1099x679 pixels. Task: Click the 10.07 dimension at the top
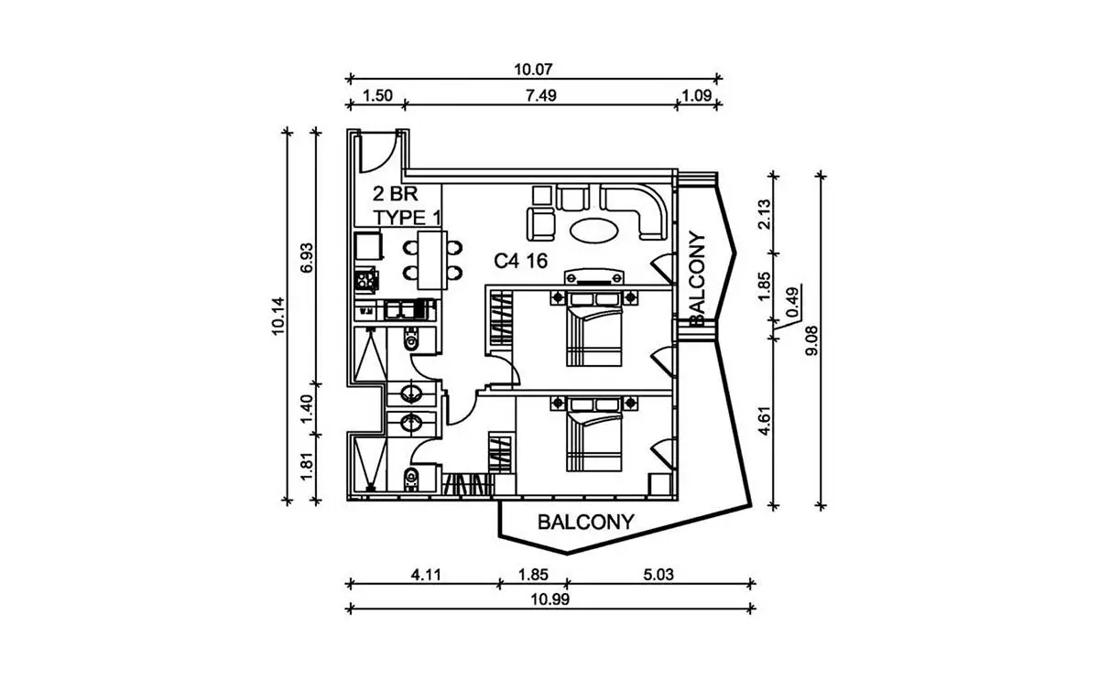(533, 70)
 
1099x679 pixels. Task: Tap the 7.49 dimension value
(540, 95)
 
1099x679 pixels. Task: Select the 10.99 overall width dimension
(550, 599)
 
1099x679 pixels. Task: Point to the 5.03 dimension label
(658, 574)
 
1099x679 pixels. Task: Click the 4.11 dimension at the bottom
(426, 574)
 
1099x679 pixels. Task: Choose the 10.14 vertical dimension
(278, 316)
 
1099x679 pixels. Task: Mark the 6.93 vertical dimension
(307, 258)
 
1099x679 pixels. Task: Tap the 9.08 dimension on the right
(812, 340)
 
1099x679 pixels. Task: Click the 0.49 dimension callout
(791, 303)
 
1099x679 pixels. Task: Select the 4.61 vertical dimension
(765, 421)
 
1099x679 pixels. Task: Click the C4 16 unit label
(520, 261)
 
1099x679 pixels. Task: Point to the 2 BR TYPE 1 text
(407, 206)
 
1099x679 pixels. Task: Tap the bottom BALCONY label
(586, 523)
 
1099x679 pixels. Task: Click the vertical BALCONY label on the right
(697, 278)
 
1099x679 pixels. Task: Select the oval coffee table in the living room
(594, 230)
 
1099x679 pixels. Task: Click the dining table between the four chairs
(432, 260)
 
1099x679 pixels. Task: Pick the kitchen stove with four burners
(365, 281)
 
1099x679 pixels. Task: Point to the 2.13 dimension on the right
(765, 214)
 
